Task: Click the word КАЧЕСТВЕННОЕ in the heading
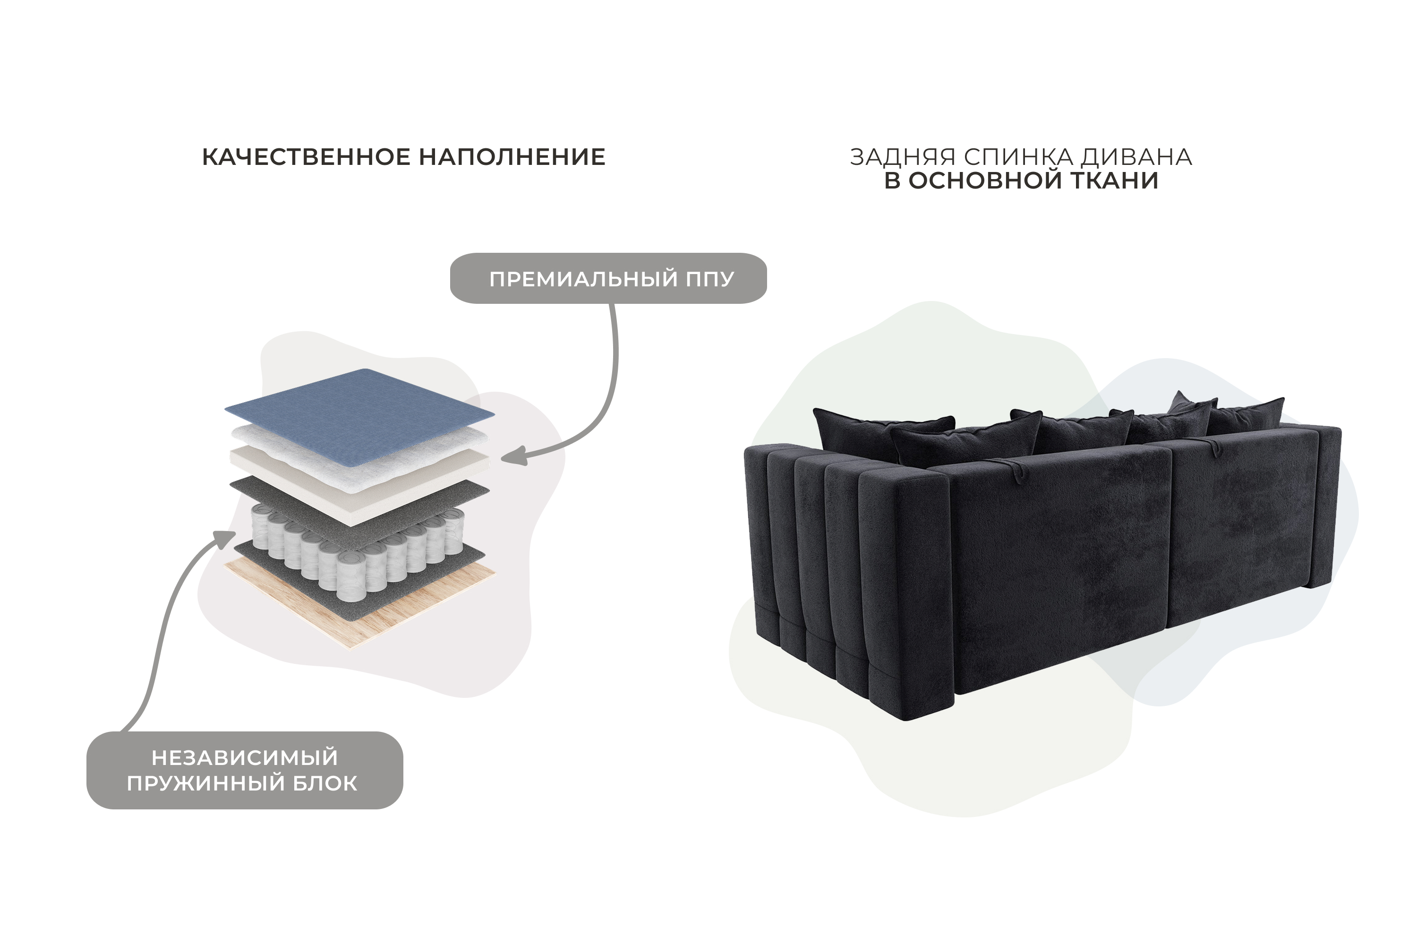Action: [306, 157]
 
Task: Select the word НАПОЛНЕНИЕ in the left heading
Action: [512, 157]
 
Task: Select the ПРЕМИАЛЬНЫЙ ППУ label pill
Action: [608, 278]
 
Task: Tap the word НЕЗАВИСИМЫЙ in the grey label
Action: [245, 757]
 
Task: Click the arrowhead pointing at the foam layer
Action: [513, 457]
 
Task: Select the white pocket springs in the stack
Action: [359, 551]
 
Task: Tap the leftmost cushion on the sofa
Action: [883, 432]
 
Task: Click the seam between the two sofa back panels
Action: [1168, 536]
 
